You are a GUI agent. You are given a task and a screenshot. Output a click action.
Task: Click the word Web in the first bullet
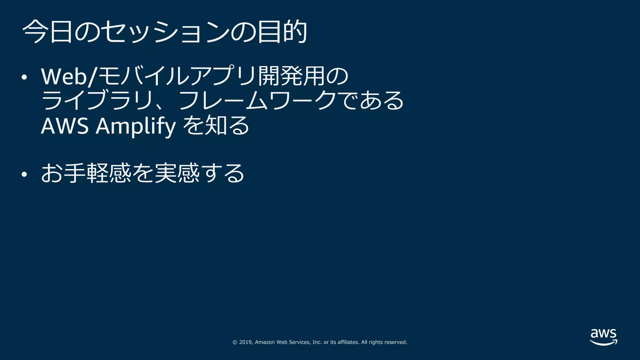(64, 76)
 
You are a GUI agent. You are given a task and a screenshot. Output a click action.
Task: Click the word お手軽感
(86, 173)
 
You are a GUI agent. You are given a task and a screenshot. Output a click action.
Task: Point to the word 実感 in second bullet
(177, 173)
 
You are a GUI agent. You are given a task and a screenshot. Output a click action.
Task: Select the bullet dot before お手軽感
(24, 174)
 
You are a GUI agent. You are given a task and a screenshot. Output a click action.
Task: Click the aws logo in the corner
(603, 337)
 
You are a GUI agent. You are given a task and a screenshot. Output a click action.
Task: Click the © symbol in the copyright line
(235, 342)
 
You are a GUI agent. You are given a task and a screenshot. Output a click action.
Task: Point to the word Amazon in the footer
(265, 342)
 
